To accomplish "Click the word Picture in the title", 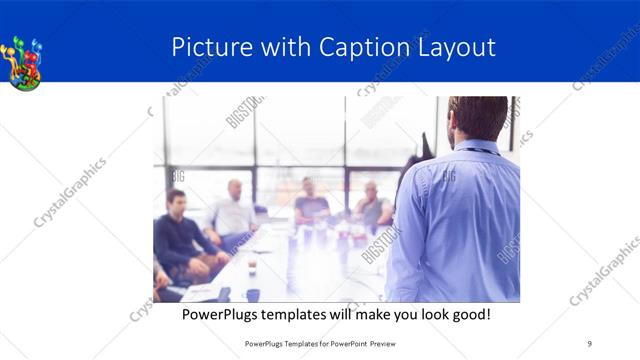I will [x=205, y=48].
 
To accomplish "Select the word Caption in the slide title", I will [x=363, y=48].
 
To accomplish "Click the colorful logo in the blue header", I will [x=24, y=62].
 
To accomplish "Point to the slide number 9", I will [x=590, y=343].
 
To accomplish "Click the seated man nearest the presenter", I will [x=373, y=206].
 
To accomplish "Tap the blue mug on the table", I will [x=253, y=295].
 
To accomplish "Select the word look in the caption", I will [x=417, y=314].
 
